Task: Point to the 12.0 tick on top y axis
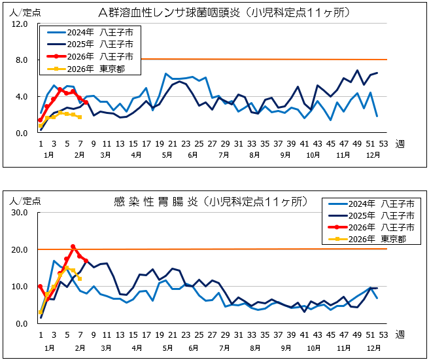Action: [19, 24]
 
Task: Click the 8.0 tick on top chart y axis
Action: [19, 60]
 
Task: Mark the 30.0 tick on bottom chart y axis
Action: [19, 213]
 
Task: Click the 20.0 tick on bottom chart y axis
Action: [19, 250]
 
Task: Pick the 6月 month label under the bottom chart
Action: [192, 348]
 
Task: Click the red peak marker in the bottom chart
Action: [73, 247]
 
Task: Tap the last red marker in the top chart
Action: [86, 102]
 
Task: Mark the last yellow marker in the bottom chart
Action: [79, 279]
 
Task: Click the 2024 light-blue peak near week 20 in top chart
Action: [165, 74]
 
